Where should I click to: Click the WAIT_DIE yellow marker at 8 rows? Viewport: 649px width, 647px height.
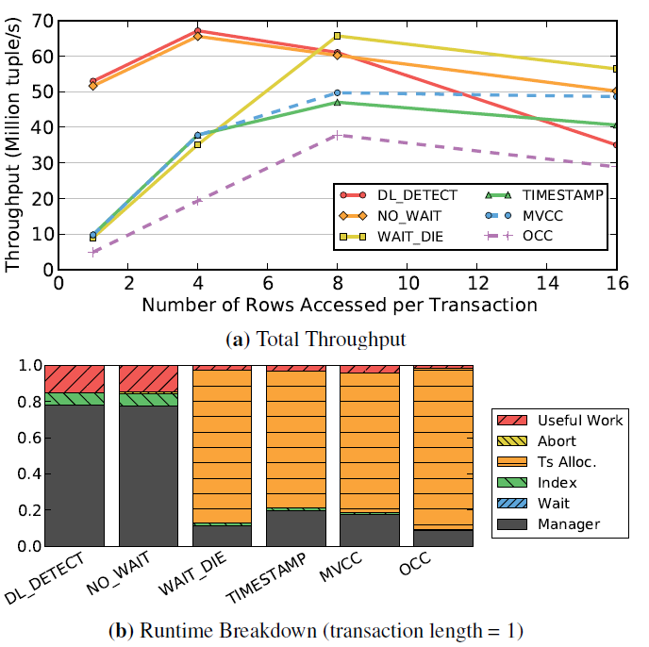click(338, 36)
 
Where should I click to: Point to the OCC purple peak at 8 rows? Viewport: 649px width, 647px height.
click(338, 135)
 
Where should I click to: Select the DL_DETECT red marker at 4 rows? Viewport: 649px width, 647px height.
click(198, 31)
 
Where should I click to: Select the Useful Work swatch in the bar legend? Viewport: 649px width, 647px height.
click(510, 420)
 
